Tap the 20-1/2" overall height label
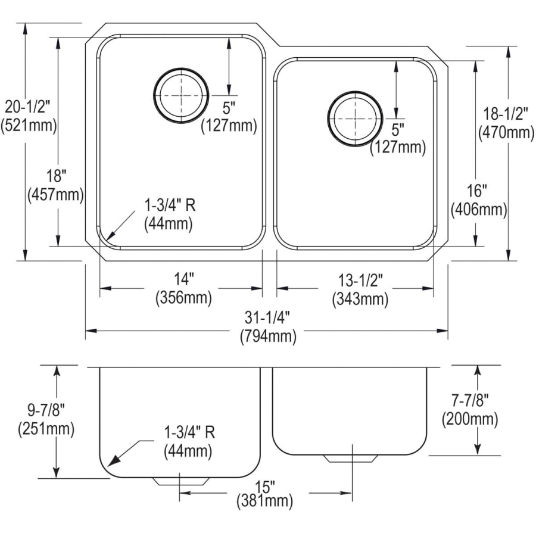pyautogui.click(x=28, y=108)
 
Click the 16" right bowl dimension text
pyautogui.click(x=478, y=191)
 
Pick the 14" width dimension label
pyautogui.click(x=184, y=278)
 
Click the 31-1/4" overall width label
pyautogui.click(x=268, y=318)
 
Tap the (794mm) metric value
pyautogui.click(x=268, y=336)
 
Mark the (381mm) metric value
pyautogui.click(x=264, y=501)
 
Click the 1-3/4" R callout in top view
pyautogui.click(x=170, y=205)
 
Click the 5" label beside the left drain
pyautogui.click(x=229, y=108)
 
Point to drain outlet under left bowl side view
pyautogui.click(x=180, y=481)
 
